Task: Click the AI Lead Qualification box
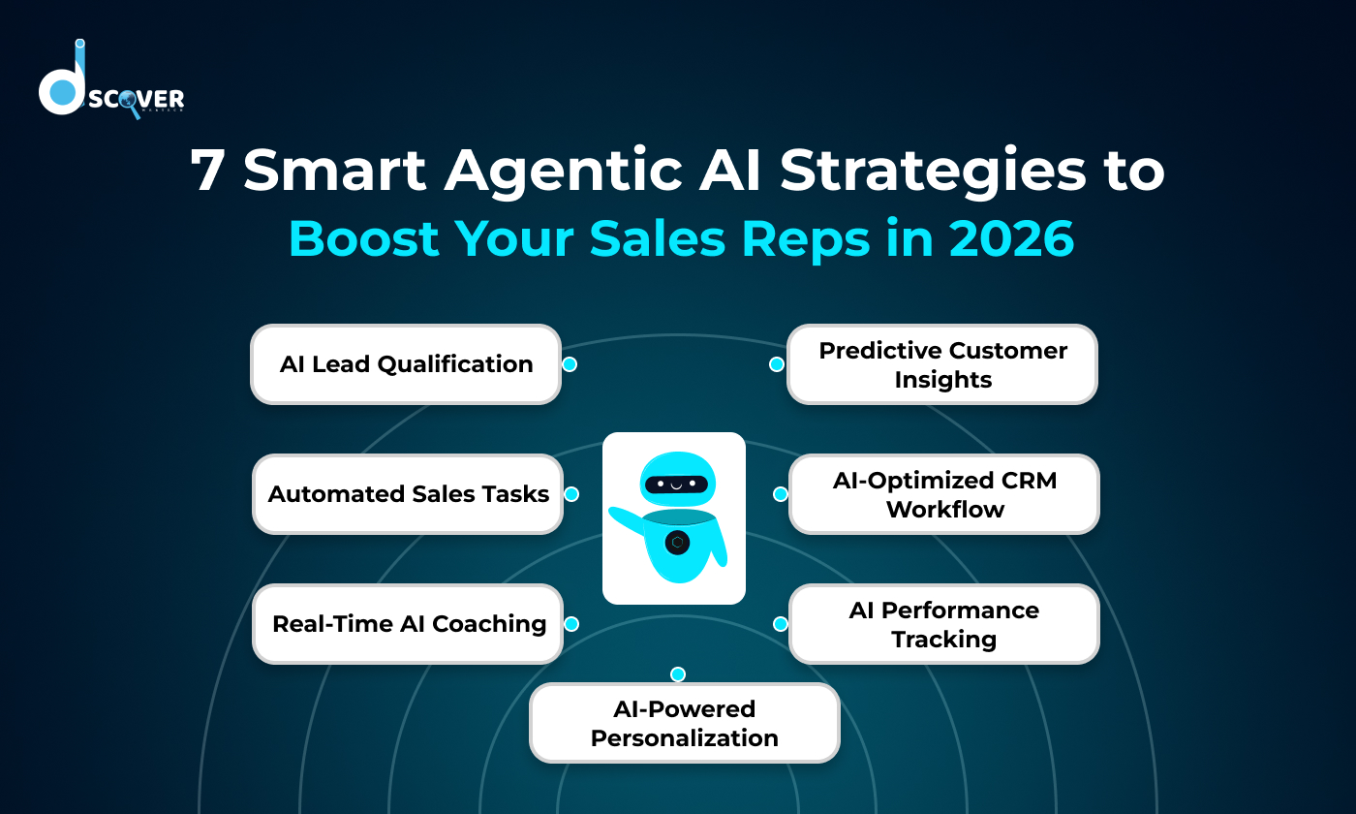click(x=406, y=364)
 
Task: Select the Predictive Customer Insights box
click(x=942, y=364)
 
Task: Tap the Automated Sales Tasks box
click(x=408, y=494)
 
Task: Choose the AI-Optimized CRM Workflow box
click(x=944, y=494)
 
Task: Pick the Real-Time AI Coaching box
click(x=408, y=624)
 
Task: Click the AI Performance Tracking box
click(x=944, y=624)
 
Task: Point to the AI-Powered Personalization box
click(x=684, y=723)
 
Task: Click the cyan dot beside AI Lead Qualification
click(x=570, y=364)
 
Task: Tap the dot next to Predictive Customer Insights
click(x=776, y=364)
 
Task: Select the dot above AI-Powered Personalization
click(x=678, y=674)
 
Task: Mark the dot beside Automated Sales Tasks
click(x=571, y=494)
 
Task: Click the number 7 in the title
click(x=207, y=172)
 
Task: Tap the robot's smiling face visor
click(x=676, y=484)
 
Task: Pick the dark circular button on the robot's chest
click(x=678, y=543)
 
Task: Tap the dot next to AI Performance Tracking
click(x=780, y=624)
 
